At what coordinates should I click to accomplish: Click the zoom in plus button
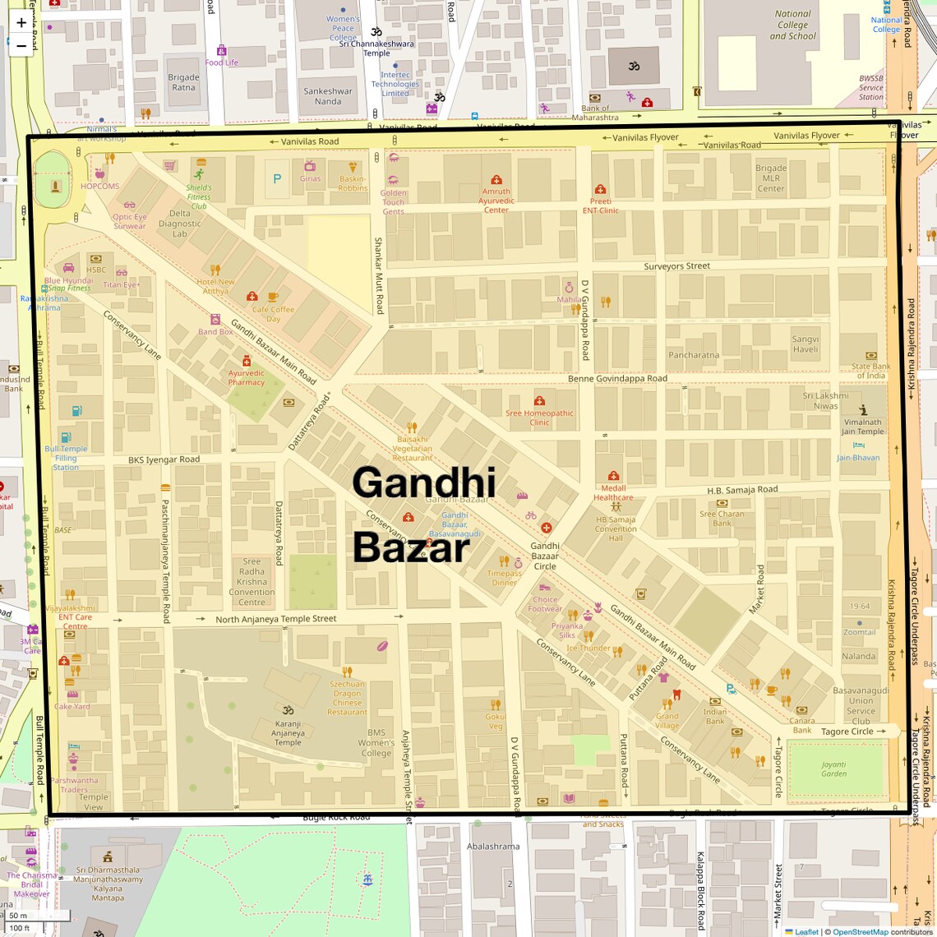click(x=21, y=23)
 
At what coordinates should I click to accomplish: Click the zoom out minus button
click(x=21, y=46)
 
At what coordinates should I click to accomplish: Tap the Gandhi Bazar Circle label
click(x=545, y=556)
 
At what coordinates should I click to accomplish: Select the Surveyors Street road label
click(x=676, y=266)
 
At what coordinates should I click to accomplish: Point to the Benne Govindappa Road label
click(x=617, y=379)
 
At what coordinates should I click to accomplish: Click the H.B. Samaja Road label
click(x=742, y=490)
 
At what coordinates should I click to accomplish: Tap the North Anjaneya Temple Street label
click(x=275, y=619)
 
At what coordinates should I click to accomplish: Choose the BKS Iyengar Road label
click(x=164, y=459)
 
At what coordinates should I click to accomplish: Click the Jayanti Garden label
click(x=833, y=769)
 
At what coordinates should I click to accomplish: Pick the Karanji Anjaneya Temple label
click(x=288, y=733)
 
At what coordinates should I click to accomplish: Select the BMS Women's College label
click(x=376, y=742)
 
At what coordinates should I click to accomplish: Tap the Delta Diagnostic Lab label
click(x=179, y=224)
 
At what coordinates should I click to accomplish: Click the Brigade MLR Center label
click(x=771, y=178)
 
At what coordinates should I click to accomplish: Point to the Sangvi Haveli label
click(x=805, y=344)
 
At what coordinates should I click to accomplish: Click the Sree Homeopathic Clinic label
click(x=539, y=418)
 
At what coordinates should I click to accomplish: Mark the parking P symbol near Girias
click(x=277, y=178)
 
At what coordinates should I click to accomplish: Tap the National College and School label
click(x=792, y=25)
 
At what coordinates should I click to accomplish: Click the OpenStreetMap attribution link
click(x=860, y=931)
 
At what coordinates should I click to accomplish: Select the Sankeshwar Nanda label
click(x=328, y=96)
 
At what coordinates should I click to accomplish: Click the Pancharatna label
click(x=694, y=356)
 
